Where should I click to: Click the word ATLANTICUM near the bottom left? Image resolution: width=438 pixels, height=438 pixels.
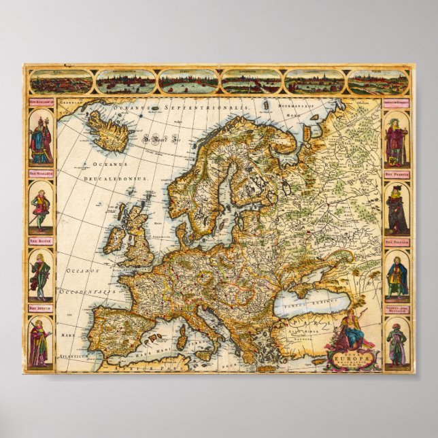(73, 355)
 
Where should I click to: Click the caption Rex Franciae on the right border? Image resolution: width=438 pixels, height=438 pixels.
(395, 173)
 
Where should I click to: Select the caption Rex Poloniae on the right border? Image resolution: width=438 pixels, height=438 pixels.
(395, 241)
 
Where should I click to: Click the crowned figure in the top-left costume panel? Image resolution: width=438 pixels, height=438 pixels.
(41, 139)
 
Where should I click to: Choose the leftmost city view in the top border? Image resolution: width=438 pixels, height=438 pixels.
(60, 82)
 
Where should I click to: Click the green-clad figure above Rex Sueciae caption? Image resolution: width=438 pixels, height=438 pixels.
(41, 275)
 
